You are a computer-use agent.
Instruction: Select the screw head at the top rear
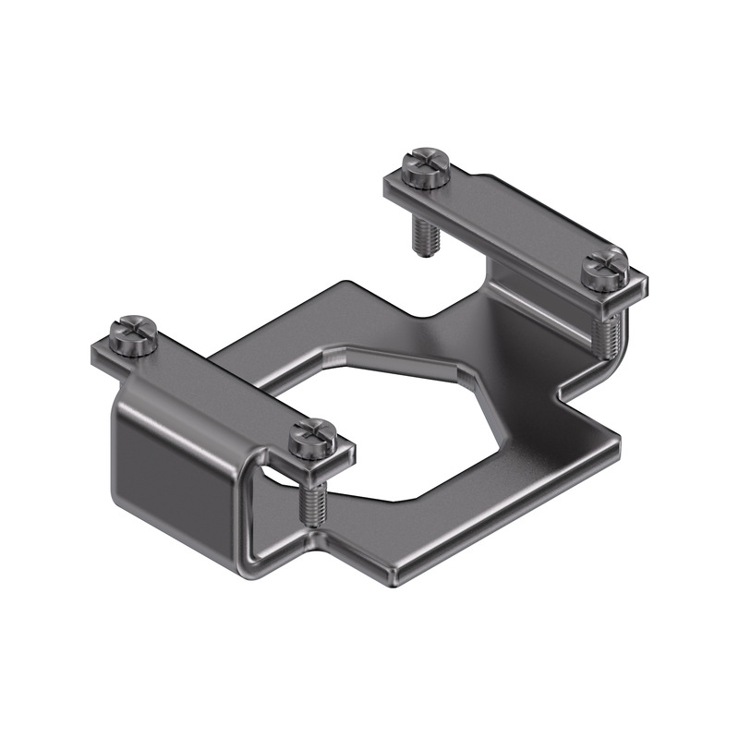tap(427, 164)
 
